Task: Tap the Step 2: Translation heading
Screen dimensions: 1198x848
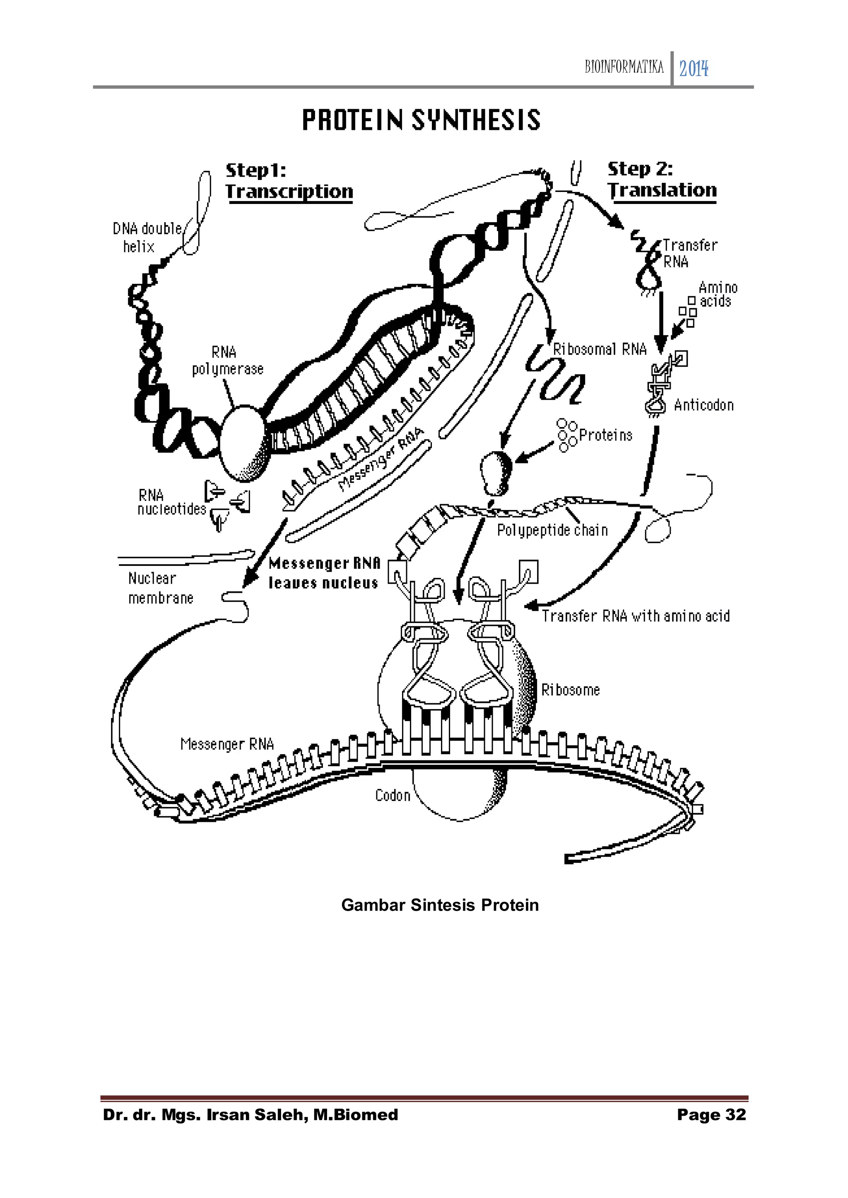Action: click(662, 180)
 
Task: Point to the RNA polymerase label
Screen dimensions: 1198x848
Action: click(227, 361)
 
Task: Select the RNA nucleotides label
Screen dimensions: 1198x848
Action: click(171, 502)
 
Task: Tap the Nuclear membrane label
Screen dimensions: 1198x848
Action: click(160, 588)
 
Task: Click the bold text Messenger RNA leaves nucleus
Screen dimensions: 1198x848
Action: click(324, 573)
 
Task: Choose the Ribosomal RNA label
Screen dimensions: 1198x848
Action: click(600, 349)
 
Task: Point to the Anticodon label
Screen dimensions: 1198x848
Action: click(703, 405)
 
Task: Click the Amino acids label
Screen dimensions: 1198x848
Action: click(718, 294)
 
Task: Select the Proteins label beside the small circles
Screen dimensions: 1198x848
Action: click(605, 435)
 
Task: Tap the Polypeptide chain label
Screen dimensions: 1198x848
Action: click(552, 530)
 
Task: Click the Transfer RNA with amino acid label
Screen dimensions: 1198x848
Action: click(635, 616)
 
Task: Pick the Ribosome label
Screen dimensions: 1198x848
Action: click(570, 690)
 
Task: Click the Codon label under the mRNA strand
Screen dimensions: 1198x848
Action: click(393, 795)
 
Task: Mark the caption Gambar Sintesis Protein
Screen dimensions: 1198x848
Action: click(440, 905)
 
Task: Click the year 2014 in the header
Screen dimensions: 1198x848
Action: click(694, 68)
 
